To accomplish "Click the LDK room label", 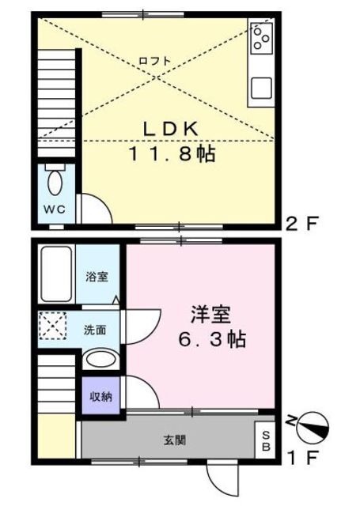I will (175, 129).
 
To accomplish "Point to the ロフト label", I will (153, 61).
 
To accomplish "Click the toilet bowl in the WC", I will (55, 183).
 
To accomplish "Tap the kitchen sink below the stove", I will (262, 89).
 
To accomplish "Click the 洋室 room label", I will (211, 314).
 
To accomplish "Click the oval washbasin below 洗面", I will (100, 361).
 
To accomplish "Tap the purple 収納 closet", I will (100, 397).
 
